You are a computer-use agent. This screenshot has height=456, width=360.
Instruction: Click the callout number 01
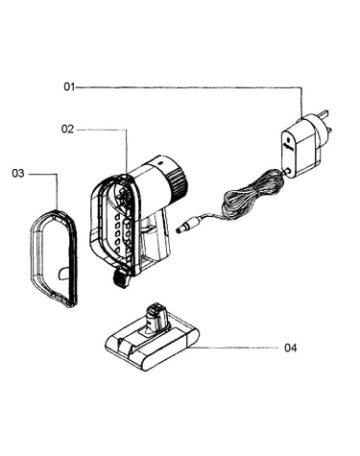69,86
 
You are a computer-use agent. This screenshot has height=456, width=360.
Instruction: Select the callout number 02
67,130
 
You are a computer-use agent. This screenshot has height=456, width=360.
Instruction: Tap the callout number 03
18,174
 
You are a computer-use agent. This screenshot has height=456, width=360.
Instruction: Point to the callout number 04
290,348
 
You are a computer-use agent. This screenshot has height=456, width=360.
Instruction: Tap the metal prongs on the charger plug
327,122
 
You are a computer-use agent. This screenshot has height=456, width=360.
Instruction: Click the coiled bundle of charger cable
252,195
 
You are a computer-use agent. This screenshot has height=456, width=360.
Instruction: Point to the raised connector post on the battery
156,319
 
